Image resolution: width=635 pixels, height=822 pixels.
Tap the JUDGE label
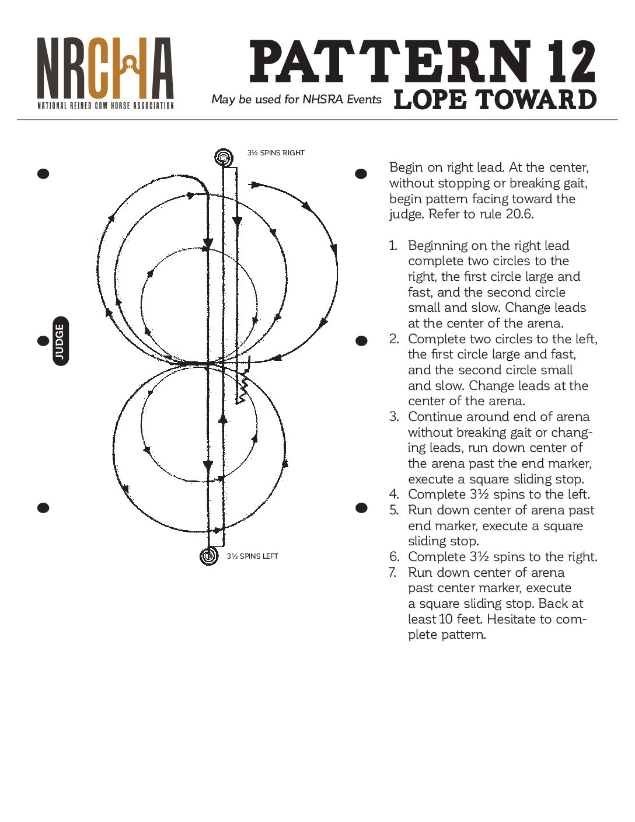pos(60,341)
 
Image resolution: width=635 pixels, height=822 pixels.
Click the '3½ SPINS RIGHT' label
pos(275,153)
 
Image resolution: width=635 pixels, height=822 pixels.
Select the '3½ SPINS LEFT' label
pos(252,556)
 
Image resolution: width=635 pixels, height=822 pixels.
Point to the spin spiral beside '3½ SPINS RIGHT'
pos(223,157)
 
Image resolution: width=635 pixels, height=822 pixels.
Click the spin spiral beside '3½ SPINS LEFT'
pos(208,556)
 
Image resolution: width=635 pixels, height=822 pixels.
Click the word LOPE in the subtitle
pos(430,99)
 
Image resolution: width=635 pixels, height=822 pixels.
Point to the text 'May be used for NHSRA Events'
pos(296,99)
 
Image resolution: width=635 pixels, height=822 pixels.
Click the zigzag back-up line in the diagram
pos(242,387)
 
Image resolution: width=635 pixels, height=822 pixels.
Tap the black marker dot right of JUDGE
pos(361,340)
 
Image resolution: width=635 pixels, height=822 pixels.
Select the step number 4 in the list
pos(393,494)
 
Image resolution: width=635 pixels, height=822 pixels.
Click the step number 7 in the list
pos(393,572)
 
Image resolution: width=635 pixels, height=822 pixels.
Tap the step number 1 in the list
pos(393,246)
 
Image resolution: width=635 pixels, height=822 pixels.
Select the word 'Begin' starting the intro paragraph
pos(406,168)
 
